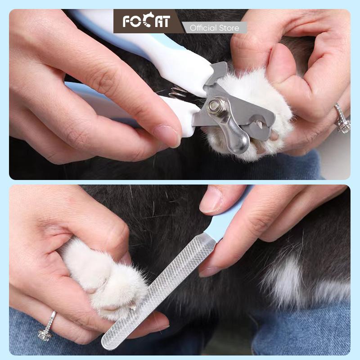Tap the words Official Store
[x=215, y=28]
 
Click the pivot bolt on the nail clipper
[x=214, y=106]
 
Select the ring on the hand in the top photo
[x=342, y=119]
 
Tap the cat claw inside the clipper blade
[x=259, y=125]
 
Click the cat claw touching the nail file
[x=132, y=306]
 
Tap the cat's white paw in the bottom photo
[x=103, y=280]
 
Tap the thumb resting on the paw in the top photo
[x=285, y=69]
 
